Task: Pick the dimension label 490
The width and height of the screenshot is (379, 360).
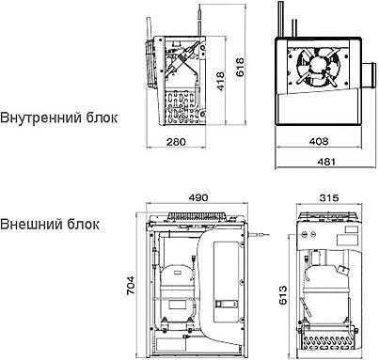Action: point(197,199)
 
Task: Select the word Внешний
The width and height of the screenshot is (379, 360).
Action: point(30,226)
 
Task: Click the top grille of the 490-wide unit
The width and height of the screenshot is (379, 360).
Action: point(197,216)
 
